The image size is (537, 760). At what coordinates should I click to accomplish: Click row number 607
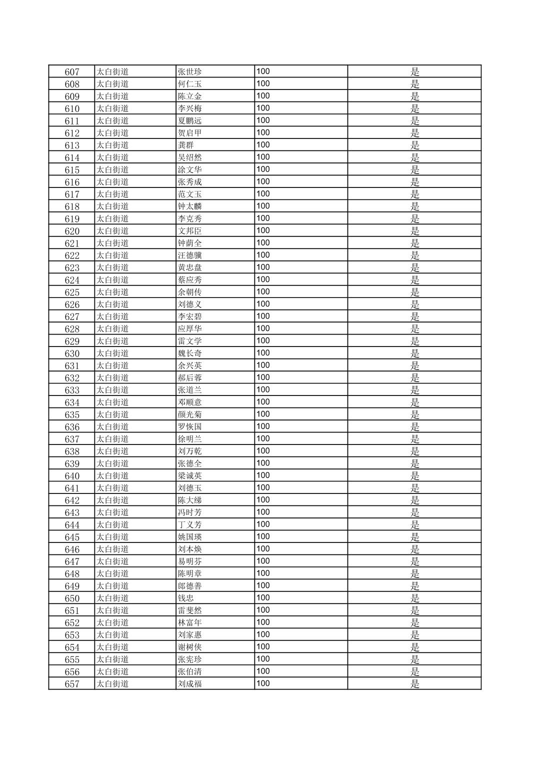click(x=72, y=71)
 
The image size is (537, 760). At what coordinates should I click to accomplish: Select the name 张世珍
click(x=189, y=71)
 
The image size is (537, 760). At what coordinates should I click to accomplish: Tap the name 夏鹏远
click(x=189, y=120)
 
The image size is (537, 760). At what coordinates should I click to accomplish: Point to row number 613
click(x=72, y=145)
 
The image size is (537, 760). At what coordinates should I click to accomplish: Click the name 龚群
click(x=185, y=145)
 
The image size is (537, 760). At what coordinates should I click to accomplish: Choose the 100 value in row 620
click(x=263, y=230)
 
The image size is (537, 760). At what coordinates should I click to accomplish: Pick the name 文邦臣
click(x=189, y=231)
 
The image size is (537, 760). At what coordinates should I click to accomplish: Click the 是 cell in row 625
click(x=414, y=292)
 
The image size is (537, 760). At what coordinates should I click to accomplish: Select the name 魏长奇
click(x=189, y=353)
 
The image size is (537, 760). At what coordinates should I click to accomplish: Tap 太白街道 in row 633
click(x=112, y=390)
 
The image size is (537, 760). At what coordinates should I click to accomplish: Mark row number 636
click(x=72, y=427)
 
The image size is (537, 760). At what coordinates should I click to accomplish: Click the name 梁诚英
click(x=189, y=476)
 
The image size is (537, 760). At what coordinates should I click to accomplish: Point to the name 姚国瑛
click(x=189, y=537)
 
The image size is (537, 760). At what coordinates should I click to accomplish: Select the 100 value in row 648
click(x=263, y=573)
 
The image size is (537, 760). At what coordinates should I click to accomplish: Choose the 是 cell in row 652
click(x=414, y=622)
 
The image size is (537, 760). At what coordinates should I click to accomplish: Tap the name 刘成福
click(x=189, y=684)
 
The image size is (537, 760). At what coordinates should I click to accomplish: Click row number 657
click(x=72, y=684)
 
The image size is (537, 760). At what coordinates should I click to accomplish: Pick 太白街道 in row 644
click(x=112, y=524)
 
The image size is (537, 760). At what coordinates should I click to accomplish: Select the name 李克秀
click(x=189, y=218)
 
